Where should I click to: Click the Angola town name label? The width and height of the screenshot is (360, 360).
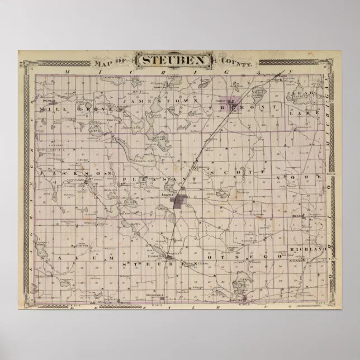[x=168, y=194]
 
